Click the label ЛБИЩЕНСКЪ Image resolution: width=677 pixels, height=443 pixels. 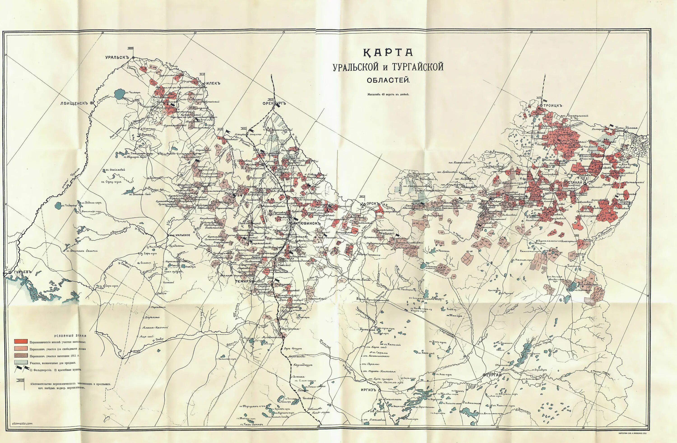73,103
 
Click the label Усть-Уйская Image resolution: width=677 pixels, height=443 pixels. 626,128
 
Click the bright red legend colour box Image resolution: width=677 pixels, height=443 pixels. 21,341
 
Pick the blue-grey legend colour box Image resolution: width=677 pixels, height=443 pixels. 21,362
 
